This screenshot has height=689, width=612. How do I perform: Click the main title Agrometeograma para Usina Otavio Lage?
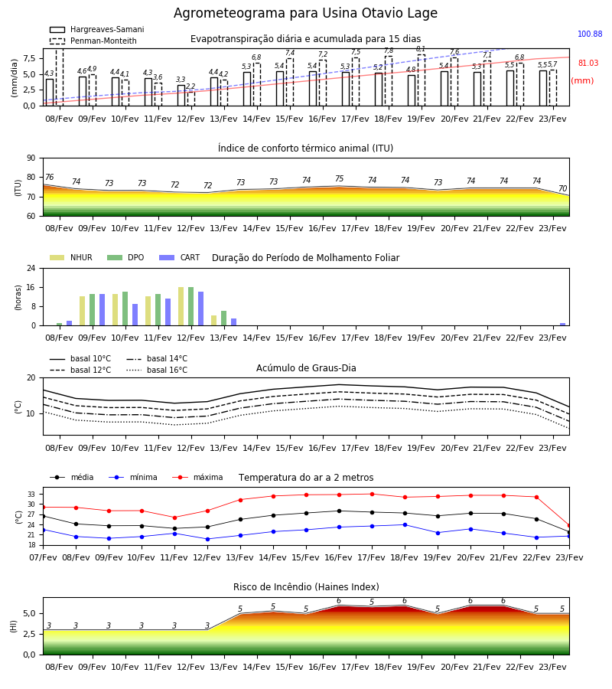pos(305,13)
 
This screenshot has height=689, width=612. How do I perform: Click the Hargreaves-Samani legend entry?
pos(97,29)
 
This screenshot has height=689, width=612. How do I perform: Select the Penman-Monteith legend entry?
pos(93,41)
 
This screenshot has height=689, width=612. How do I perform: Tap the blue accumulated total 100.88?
pos(590,34)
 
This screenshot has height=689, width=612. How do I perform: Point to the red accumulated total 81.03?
pos(588,63)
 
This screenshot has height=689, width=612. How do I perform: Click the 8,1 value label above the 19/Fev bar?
pos(421,49)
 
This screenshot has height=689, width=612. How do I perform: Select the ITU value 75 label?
pos(340,178)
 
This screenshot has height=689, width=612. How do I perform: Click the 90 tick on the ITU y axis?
pos(31,158)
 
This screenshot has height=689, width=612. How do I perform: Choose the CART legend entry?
pos(180,257)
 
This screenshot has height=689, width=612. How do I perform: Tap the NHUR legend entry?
pos(71,257)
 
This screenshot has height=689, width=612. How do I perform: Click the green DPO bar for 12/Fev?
pos(191,306)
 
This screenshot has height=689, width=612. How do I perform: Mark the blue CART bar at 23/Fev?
pos(563,325)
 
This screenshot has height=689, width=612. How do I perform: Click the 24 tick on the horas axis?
pos(31,268)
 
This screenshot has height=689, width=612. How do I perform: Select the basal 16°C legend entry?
pos(157,370)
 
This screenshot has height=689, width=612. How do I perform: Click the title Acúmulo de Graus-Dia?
pos(306,367)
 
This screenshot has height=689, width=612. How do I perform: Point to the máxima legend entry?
pos(197,477)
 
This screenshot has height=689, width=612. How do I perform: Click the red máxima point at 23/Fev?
pos(569,525)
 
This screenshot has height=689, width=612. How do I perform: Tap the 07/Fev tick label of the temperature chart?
pos(43,557)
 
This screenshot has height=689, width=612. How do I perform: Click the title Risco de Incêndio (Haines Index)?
pos(306,587)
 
